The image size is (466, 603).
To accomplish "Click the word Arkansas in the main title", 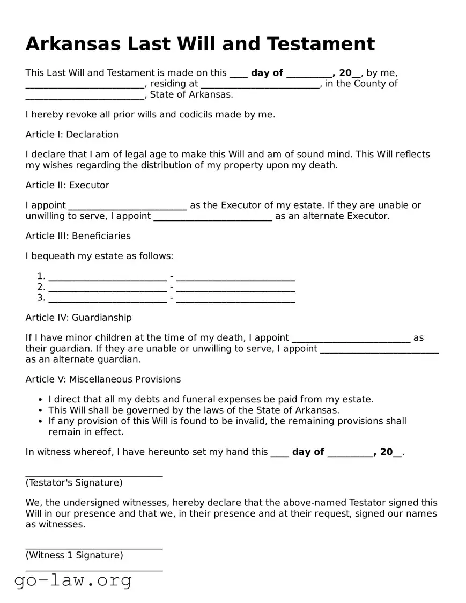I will [x=73, y=43].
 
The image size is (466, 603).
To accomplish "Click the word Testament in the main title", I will [x=320, y=43].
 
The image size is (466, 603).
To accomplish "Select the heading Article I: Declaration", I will [x=72, y=134].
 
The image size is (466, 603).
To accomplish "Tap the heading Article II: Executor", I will [x=67, y=185].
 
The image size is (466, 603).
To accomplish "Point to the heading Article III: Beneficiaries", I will [x=78, y=236].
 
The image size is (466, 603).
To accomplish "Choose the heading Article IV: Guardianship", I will [x=78, y=318].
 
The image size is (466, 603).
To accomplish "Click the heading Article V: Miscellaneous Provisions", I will [x=103, y=379].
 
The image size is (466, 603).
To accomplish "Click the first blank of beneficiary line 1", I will [x=107, y=277].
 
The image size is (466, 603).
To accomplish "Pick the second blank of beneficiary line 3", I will [x=235, y=299].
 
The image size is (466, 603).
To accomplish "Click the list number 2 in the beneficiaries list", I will [x=41, y=287].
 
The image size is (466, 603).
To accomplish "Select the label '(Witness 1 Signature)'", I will [x=74, y=555].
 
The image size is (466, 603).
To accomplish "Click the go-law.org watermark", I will [x=73, y=580].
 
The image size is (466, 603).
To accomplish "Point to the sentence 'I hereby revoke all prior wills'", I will [x=150, y=114].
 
